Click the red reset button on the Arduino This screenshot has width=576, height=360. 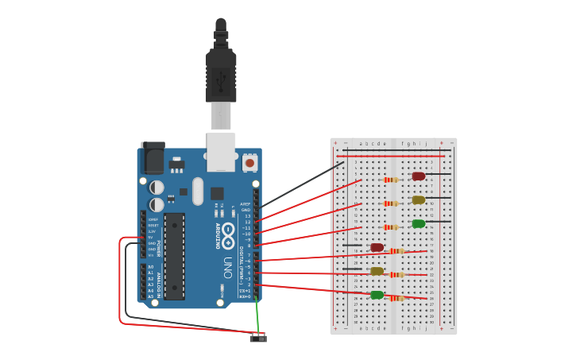[249, 163]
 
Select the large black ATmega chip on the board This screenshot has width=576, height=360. [175, 256]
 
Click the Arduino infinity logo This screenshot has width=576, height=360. [228, 236]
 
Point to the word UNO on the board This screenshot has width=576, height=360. [227, 266]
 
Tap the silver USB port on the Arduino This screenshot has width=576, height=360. [221, 151]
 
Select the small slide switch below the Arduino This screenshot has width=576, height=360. [258, 338]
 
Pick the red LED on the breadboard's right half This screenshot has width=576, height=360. [419, 176]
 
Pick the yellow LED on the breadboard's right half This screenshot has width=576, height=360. [419, 199]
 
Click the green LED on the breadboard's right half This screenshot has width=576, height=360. [419, 223]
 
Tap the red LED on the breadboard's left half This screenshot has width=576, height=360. [377, 247]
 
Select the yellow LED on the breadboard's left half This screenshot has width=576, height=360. [377, 271]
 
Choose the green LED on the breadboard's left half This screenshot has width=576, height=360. [377, 295]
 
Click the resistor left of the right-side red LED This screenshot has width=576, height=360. [391, 180]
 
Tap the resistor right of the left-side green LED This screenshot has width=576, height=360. [397, 298]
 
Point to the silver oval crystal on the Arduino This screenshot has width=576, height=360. [198, 191]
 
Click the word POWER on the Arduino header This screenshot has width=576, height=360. [159, 249]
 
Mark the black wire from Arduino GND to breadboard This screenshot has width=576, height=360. [302, 185]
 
